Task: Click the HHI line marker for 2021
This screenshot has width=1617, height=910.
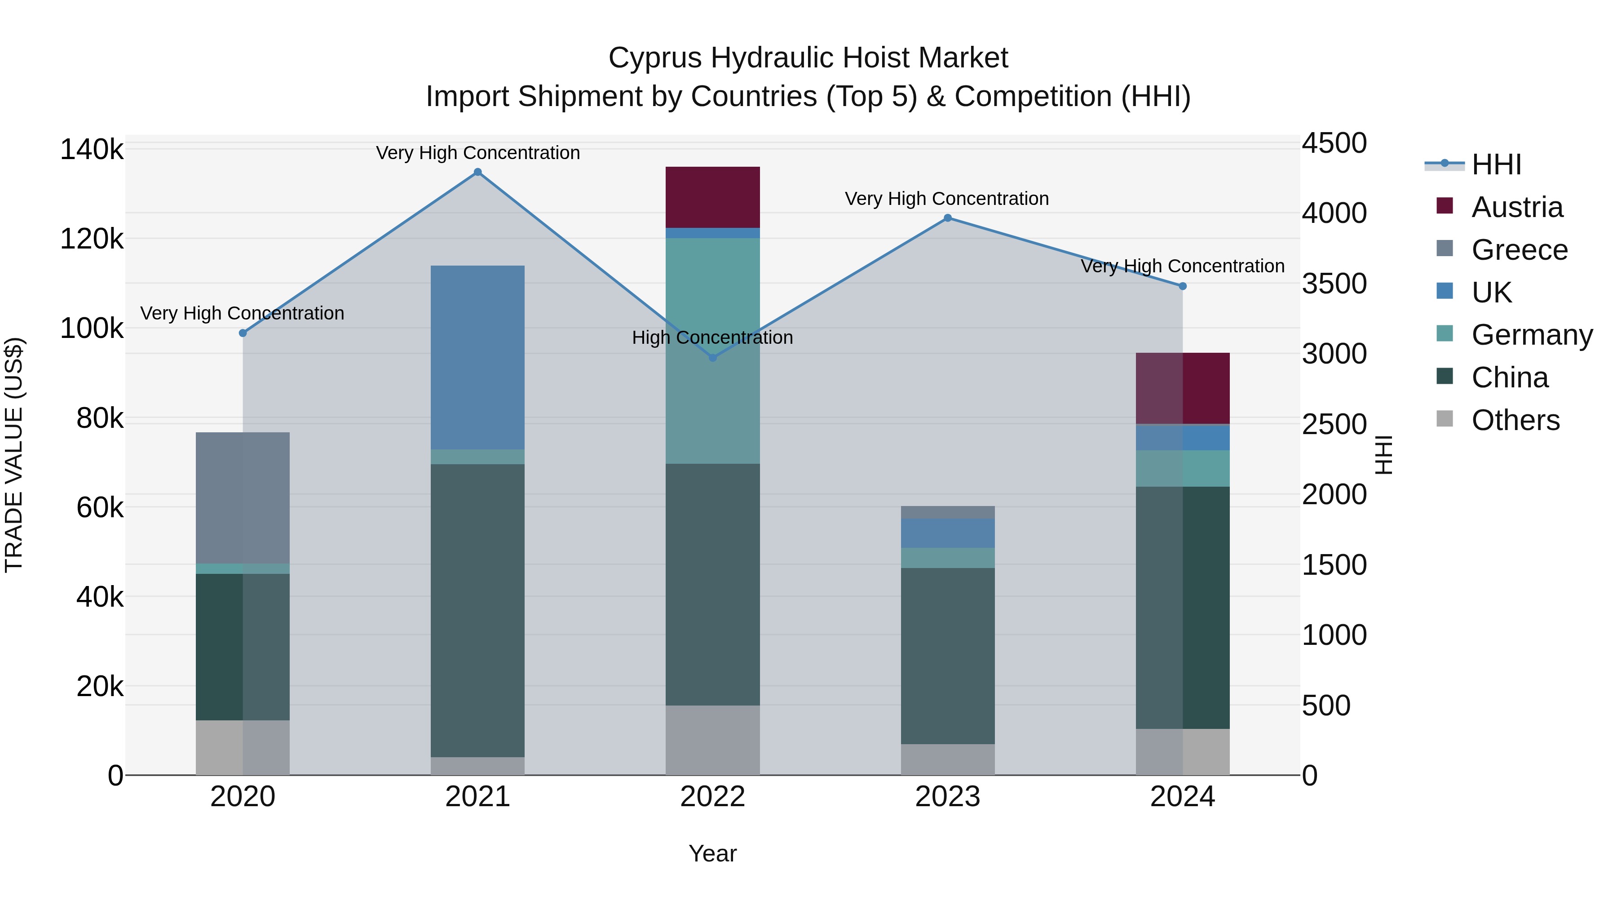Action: (x=478, y=172)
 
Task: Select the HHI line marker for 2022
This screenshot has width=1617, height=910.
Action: (x=712, y=357)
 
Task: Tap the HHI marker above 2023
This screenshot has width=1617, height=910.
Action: (x=948, y=218)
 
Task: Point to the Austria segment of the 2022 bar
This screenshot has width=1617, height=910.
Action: (x=712, y=197)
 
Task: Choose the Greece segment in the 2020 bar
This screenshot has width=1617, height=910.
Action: (x=243, y=497)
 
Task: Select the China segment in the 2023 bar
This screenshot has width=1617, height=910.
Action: (x=948, y=656)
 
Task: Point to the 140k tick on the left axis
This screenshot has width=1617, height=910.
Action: (x=92, y=150)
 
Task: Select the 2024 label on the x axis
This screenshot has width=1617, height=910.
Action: (x=1182, y=797)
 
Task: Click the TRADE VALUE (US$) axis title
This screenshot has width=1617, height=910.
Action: (x=14, y=455)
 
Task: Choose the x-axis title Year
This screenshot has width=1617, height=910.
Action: (x=712, y=853)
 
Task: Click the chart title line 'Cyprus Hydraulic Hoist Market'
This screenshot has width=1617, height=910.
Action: (x=808, y=58)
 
